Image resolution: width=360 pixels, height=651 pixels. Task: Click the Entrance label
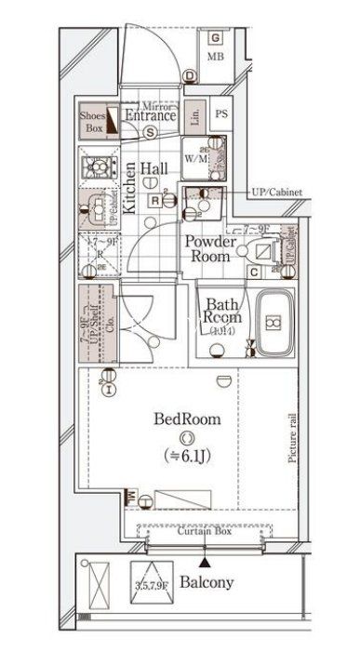click(151, 116)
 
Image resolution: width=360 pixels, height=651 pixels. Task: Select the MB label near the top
click(216, 57)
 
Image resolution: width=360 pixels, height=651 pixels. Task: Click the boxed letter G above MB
click(215, 38)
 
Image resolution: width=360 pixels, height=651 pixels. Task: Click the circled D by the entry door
click(189, 76)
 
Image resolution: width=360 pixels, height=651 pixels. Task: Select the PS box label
click(221, 114)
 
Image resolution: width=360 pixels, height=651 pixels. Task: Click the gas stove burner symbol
click(96, 168)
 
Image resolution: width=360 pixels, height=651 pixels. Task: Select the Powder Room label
click(211, 248)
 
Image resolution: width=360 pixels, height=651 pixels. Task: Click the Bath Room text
click(223, 311)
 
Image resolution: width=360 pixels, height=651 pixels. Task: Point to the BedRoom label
click(188, 419)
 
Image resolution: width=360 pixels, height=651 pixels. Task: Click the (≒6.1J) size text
click(188, 455)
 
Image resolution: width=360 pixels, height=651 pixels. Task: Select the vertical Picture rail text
click(292, 438)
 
